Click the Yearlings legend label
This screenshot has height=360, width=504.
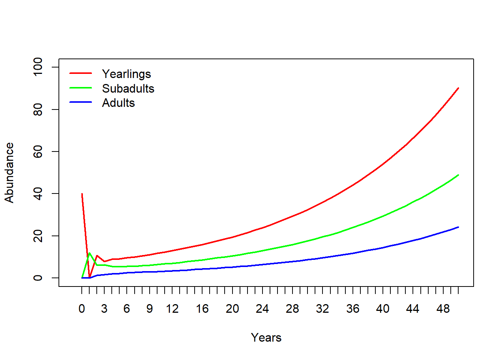point(126,74)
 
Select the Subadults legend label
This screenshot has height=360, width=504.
point(128,88)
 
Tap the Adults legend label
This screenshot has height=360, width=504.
point(118,103)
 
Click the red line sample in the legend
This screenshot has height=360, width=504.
point(81,73)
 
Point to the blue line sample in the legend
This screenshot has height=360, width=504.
point(81,102)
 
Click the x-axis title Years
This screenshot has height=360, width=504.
point(266,337)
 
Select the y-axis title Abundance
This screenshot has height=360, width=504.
point(9,172)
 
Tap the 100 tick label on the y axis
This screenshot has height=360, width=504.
point(38,67)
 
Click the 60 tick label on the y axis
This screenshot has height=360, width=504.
point(38,151)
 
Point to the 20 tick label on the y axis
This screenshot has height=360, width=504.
point(38,236)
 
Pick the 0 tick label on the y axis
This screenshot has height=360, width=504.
point(38,278)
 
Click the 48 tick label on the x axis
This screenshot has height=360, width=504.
point(443,309)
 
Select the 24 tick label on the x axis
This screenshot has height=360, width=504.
point(262,309)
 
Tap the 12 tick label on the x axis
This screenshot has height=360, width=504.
point(172,309)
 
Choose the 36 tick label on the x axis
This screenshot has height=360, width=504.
point(352,309)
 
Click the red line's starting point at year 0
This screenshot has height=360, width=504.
point(82,194)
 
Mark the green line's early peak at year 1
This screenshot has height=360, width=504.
point(89,253)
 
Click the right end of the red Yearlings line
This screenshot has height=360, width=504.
point(458,88)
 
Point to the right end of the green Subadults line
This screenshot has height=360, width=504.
point(458,175)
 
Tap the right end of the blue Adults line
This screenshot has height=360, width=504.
point(458,227)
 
